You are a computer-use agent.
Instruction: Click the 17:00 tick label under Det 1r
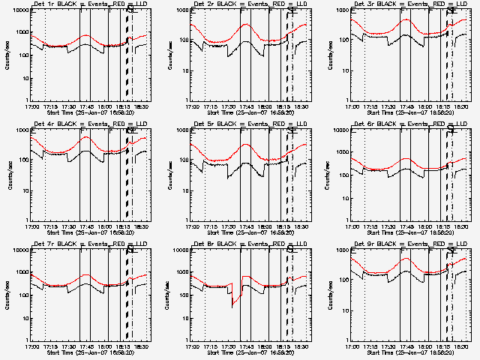(x=31, y=106)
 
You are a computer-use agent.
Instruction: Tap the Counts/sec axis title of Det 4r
(x=8, y=175)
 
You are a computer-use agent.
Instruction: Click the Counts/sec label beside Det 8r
(x=169, y=295)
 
